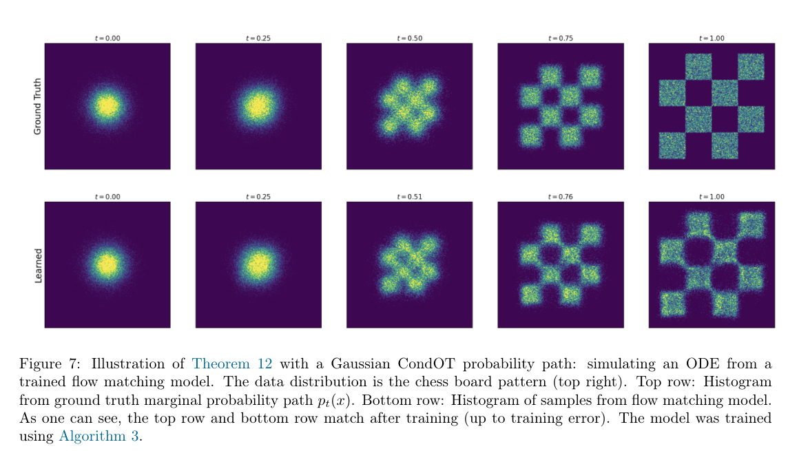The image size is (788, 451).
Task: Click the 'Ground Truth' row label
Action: coord(38,106)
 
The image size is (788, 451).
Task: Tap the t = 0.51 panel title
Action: coord(409,197)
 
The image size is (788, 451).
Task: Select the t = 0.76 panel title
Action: coord(560,197)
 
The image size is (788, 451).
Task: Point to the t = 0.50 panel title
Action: coord(409,39)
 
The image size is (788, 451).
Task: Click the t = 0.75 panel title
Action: coord(560,39)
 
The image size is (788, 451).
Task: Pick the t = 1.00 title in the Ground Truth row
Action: coord(711,39)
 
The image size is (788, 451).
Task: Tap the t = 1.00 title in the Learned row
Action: coord(711,197)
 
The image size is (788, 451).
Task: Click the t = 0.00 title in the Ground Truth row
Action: coord(107,39)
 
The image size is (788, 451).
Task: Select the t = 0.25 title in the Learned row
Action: coord(258,197)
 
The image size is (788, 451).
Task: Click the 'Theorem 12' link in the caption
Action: coord(231,363)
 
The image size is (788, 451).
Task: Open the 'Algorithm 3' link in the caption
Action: coord(98,434)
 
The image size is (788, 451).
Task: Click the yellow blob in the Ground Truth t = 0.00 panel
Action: coord(107,106)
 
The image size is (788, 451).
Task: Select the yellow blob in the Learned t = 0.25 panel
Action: coord(258,264)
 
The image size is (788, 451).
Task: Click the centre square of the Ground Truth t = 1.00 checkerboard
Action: coord(725,93)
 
